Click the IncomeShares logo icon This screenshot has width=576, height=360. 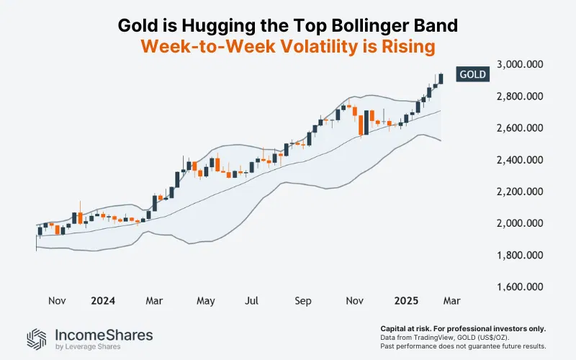pyautogui.click(x=37, y=338)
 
